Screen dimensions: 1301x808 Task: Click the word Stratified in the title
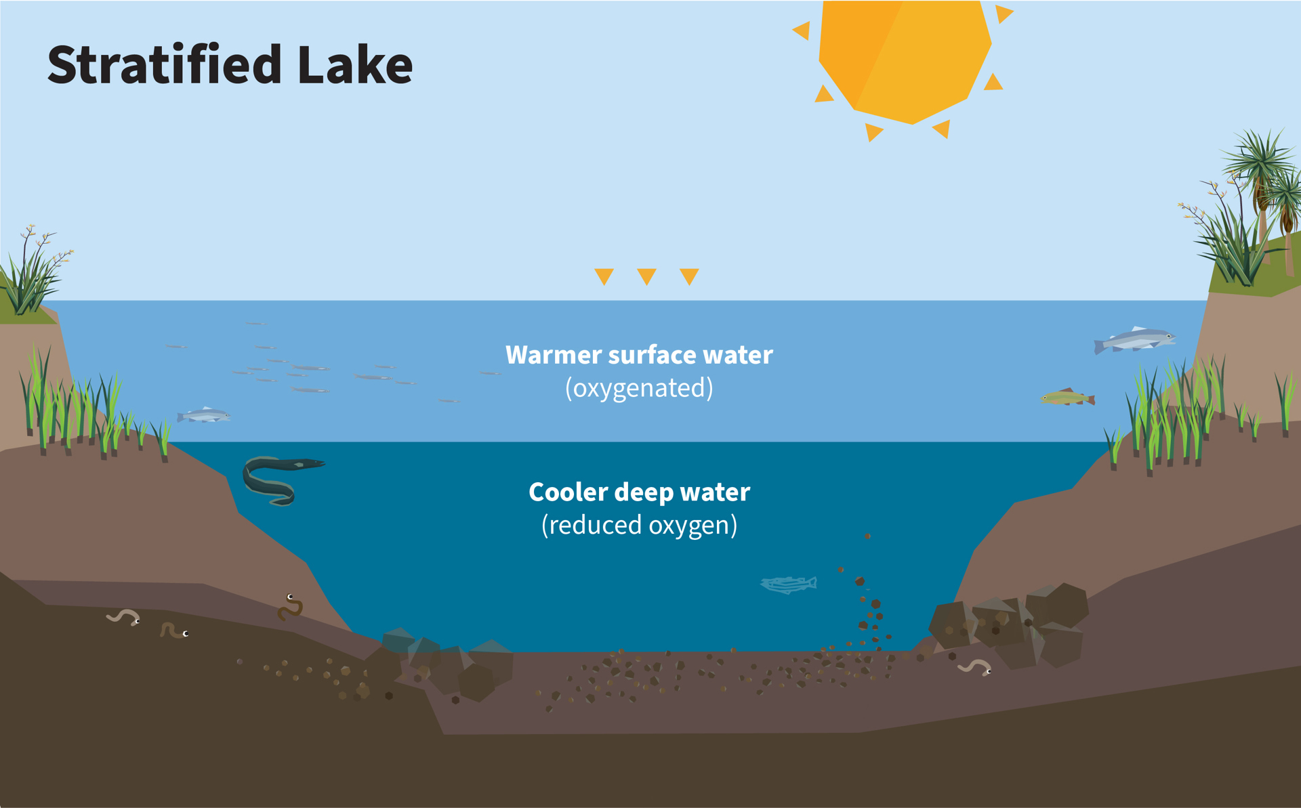[x=164, y=64]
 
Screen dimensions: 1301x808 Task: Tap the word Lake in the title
[x=355, y=64]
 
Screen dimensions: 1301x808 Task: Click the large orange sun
[x=905, y=61]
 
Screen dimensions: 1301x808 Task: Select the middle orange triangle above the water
[x=646, y=276]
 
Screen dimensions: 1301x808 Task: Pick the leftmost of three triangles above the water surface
[x=604, y=276]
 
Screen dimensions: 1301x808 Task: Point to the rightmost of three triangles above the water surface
[x=689, y=276]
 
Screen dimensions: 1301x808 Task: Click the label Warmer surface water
[x=639, y=355]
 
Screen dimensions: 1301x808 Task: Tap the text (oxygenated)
[x=639, y=388]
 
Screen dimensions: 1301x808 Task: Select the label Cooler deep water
[x=639, y=492]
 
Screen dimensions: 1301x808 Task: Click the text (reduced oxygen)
[x=639, y=525]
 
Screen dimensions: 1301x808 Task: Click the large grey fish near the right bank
[x=1134, y=340]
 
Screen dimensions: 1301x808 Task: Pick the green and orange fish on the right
[x=1068, y=398]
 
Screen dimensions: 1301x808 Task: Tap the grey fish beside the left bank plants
[x=203, y=415]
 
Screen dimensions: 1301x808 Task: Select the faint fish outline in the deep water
[x=789, y=584]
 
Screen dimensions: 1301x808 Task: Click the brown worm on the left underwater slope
[x=290, y=608]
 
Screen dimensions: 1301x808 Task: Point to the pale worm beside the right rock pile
[x=974, y=666]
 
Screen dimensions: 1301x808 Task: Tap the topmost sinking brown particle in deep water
[x=867, y=536]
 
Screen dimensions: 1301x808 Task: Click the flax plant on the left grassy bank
[x=34, y=271]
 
